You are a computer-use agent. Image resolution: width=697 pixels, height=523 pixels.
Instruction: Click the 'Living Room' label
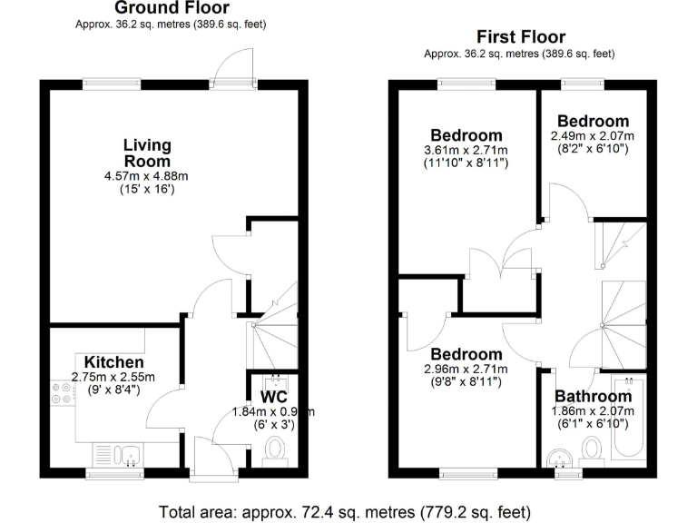(x=147, y=153)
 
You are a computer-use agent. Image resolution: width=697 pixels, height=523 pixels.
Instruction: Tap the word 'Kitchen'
(x=114, y=361)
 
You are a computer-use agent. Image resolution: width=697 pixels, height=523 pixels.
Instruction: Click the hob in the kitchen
(x=64, y=391)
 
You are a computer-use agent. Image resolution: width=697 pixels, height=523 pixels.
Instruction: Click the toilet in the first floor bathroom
(x=592, y=449)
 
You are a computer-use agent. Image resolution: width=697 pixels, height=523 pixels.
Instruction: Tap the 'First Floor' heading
(x=520, y=37)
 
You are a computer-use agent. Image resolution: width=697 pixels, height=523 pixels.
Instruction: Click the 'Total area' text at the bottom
(x=344, y=510)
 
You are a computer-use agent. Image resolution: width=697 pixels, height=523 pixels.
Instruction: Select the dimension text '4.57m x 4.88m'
(x=146, y=176)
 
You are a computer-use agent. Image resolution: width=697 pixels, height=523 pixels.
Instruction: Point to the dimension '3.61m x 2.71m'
(x=466, y=150)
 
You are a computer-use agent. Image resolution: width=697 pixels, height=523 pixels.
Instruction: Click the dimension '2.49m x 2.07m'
(x=593, y=136)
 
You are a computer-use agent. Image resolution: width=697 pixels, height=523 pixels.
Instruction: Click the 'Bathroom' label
(x=594, y=397)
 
